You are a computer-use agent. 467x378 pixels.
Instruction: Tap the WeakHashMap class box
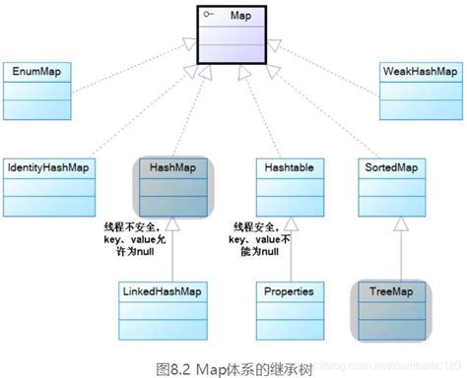coord(421,90)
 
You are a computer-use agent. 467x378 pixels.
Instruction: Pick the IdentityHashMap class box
coord(46,185)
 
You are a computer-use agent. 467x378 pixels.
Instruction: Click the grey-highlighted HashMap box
coord(174,186)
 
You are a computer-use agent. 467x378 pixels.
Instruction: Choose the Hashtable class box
coord(289,186)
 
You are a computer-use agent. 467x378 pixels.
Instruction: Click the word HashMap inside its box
coord(174,169)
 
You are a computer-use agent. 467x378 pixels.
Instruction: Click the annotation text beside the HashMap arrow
coord(137,239)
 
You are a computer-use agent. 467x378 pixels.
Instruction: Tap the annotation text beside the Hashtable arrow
coord(261,239)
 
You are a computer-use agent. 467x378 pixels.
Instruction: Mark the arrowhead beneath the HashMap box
coord(174,221)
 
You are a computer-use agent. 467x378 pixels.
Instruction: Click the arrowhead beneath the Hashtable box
coord(289,221)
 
